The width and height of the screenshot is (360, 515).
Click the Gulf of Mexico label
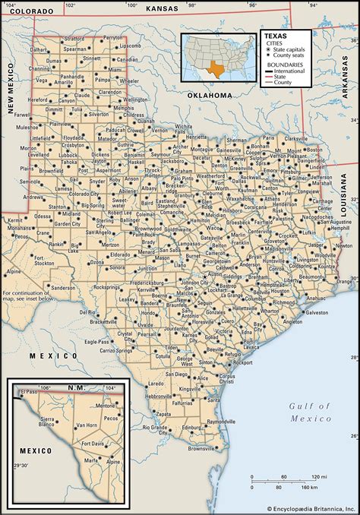(311, 412)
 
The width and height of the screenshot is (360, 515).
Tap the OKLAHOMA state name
(208, 95)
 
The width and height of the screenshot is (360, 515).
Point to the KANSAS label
(161, 8)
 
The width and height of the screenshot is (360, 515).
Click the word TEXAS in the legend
(275, 35)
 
